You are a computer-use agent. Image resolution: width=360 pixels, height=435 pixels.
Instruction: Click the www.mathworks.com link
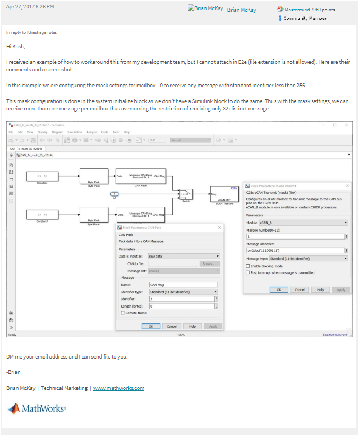click(118, 388)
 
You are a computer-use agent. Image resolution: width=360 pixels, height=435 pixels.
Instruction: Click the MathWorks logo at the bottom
click(37, 408)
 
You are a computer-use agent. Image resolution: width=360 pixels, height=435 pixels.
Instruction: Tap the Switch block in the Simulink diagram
click(185, 194)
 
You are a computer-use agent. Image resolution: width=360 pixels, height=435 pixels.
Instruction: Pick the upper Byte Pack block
click(94, 176)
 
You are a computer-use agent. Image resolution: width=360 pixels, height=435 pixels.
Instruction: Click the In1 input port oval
click(115, 194)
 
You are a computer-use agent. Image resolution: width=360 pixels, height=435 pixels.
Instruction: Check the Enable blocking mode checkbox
click(248, 266)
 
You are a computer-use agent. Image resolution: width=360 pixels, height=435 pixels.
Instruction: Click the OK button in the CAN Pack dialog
click(151, 326)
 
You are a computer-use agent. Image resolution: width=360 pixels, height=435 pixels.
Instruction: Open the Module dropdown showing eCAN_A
click(303, 223)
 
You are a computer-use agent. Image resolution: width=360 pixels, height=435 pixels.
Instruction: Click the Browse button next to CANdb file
click(209, 263)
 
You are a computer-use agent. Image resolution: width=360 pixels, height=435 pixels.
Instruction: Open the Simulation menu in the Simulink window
click(74, 132)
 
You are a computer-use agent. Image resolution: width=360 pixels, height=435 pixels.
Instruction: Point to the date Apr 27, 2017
click(30, 7)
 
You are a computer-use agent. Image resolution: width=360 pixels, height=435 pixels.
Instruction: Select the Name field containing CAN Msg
click(183, 285)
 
